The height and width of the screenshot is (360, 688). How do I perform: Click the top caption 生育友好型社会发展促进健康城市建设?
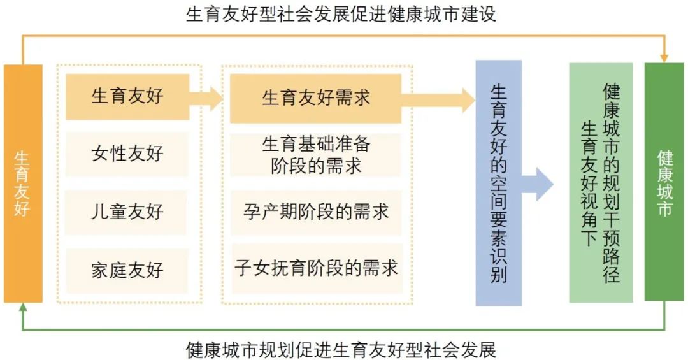pyautogui.click(x=340, y=14)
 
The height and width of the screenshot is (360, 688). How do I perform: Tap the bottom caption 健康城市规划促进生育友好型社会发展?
pyautogui.click(x=340, y=350)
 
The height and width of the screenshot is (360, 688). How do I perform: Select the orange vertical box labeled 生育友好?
pyautogui.click(x=23, y=184)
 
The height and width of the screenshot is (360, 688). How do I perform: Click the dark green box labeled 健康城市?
pyautogui.click(x=664, y=182)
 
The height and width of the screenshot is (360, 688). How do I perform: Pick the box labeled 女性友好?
pyautogui.click(x=127, y=154)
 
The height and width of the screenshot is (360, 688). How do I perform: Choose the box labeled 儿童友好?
pyautogui.click(x=126, y=212)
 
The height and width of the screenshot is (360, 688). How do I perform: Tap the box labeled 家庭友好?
pyautogui.click(x=127, y=270)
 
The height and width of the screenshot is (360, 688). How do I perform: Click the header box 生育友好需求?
pyautogui.click(x=315, y=98)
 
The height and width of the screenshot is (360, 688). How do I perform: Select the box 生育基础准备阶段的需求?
pyautogui.click(x=315, y=155)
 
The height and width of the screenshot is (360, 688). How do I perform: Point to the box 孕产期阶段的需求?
pyautogui.click(x=316, y=212)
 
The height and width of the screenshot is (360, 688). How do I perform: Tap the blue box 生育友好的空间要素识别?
pyautogui.click(x=498, y=183)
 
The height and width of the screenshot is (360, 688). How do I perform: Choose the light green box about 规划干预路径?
pyautogui.click(x=601, y=183)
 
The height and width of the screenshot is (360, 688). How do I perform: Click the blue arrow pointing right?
pyautogui.click(x=538, y=184)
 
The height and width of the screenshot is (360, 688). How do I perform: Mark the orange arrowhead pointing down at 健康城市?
pyautogui.click(x=664, y=59)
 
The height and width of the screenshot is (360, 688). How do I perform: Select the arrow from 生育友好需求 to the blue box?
pyautogui.click(x=438, y=100)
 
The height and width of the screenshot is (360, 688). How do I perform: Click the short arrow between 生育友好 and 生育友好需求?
pyautogui.click(x=206, y=98)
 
